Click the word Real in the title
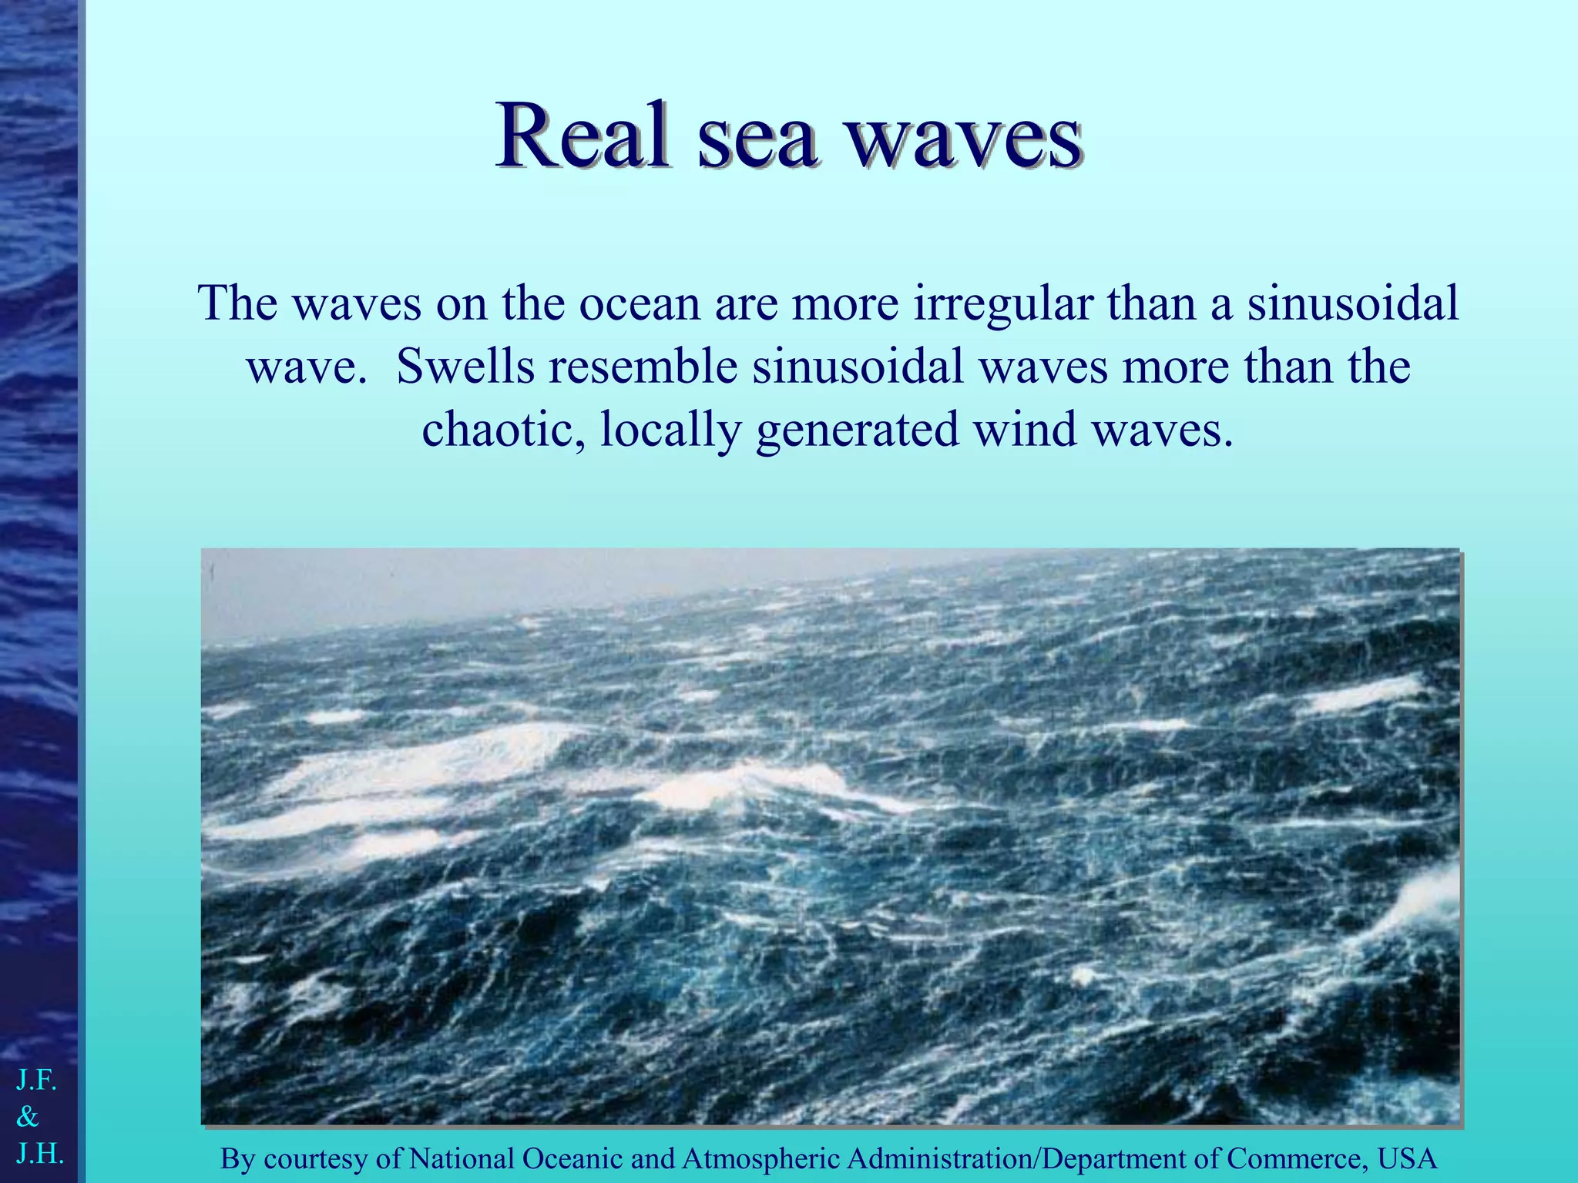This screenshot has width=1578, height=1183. (581, 137)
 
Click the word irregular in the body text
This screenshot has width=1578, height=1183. (1002, 303)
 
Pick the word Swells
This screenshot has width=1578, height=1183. (465, 367)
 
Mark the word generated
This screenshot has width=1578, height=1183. (857, 430)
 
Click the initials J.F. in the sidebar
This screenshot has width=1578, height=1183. (36, 1081)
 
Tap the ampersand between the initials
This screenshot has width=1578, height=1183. (28, 1116)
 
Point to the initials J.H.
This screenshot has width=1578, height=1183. (39, 1153)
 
